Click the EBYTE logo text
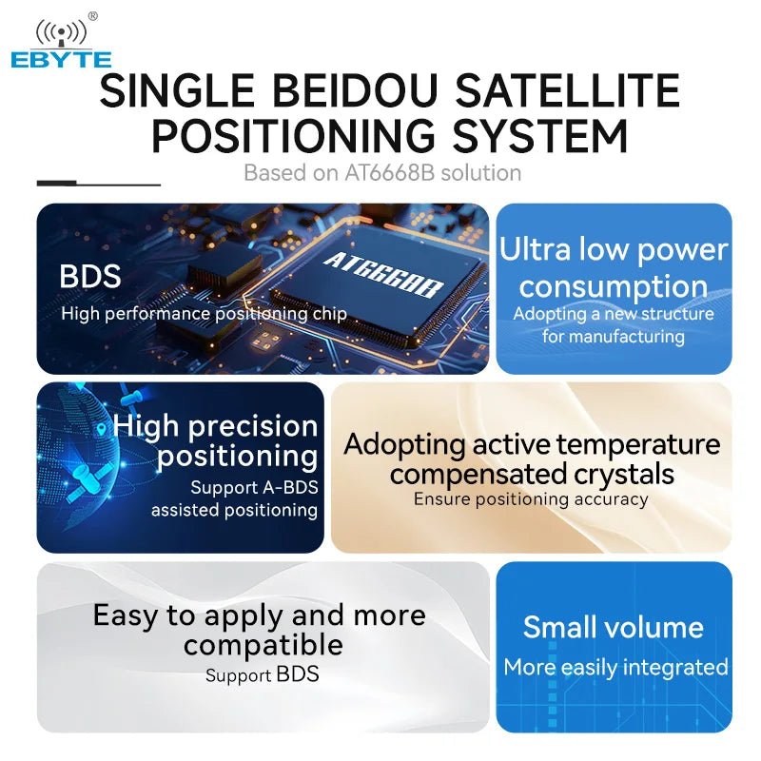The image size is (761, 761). [61, 60]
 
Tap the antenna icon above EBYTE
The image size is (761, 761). [61, 33]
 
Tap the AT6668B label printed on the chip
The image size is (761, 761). [383, 276]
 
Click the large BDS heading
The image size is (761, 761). [90, 277]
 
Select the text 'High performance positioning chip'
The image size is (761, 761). [204, 313]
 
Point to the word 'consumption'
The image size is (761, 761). [614, 286]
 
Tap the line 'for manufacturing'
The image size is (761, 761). [614, 337]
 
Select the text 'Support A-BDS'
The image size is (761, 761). [254, 488]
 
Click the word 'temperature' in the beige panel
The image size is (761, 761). [638, 444]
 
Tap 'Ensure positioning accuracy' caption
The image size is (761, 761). [531, 498]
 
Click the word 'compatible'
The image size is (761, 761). [263, 645]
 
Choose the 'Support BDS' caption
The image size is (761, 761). [263, 676]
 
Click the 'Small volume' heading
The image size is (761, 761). [614, 628]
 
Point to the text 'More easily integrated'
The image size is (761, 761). [615, 668]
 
